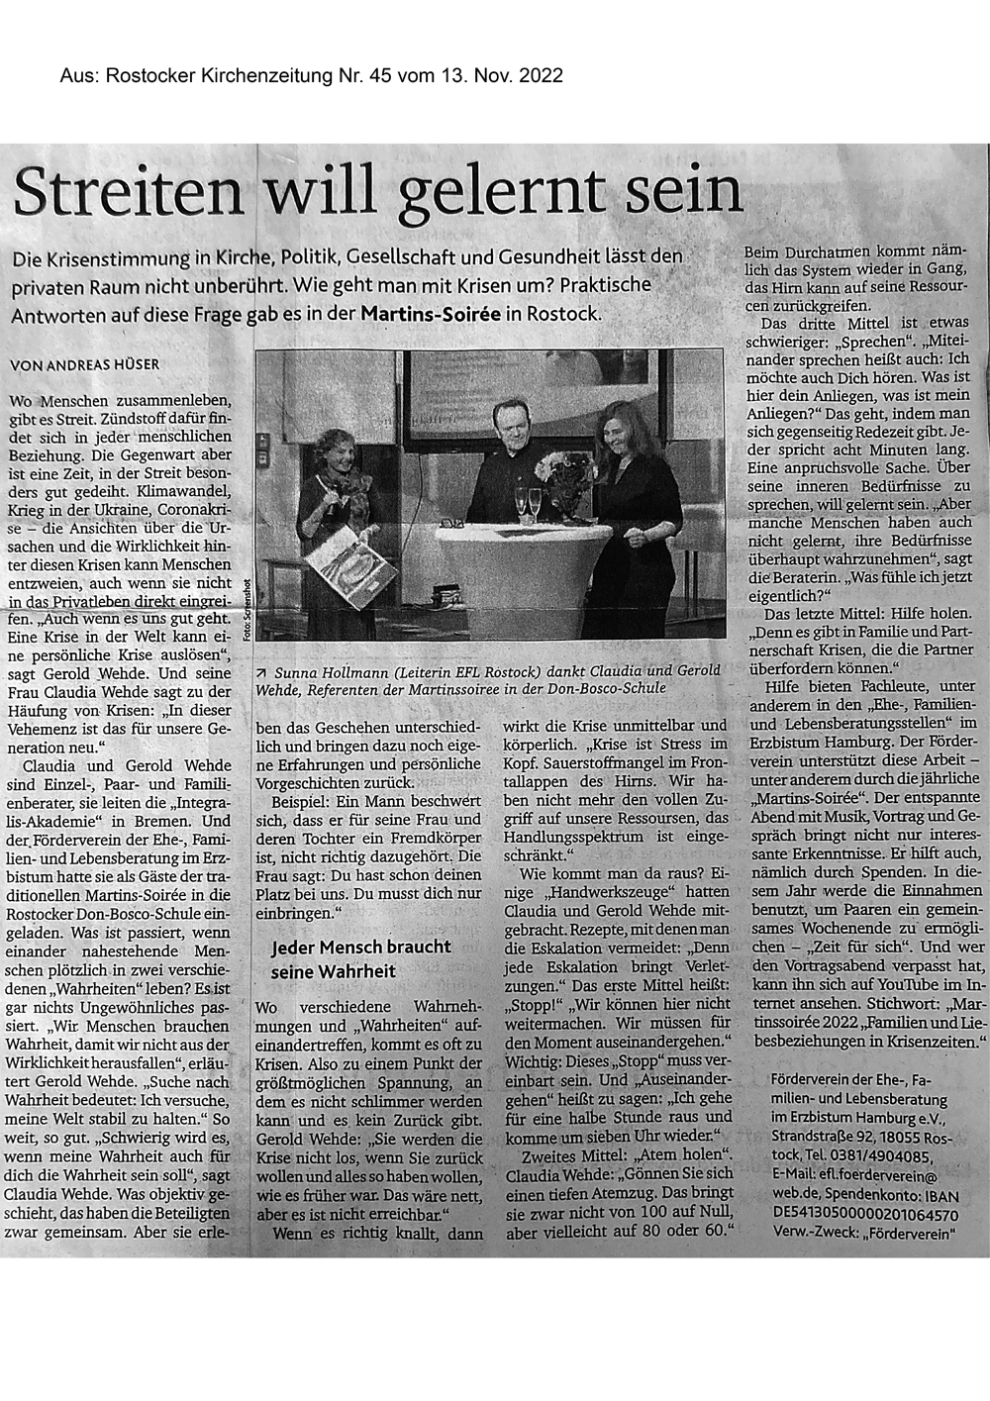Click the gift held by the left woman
[342, 569]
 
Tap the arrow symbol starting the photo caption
[260, 670]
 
